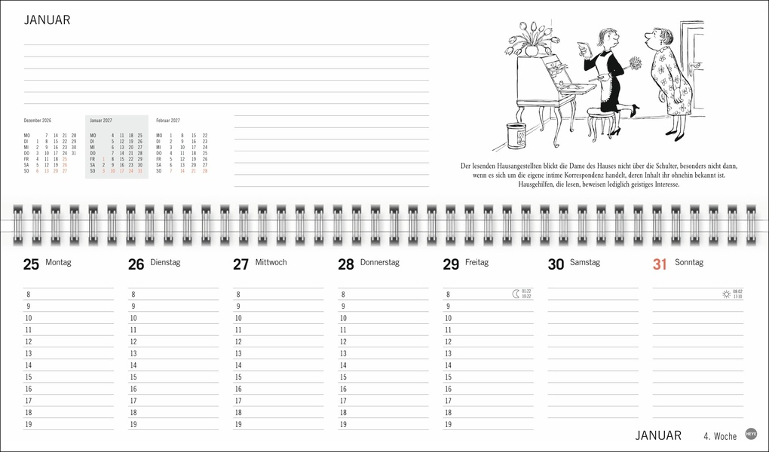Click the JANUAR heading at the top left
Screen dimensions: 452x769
point(47,20)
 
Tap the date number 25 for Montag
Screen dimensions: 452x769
point(31,264)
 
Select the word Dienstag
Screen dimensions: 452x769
point(165,263)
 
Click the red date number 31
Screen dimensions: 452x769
point(660,264)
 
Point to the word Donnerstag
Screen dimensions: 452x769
point(379,263)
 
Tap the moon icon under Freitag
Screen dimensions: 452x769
point(515,294)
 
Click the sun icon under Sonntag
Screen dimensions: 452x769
point(725,294)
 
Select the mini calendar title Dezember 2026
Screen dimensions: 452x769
point(38,121)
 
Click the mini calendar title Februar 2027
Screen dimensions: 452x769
point(168,121)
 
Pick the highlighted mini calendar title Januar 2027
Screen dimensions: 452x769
point(103,121)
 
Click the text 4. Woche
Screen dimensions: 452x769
point(720,435)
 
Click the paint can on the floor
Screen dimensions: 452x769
point(516,136)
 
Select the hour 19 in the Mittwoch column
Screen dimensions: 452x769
point(238,425)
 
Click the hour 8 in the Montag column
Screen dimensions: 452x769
point(29,295)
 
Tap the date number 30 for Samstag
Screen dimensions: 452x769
point(556,264)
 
